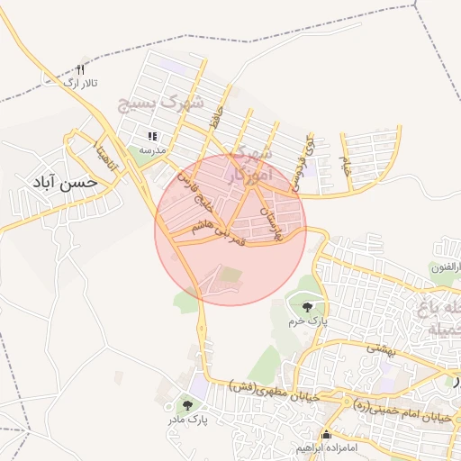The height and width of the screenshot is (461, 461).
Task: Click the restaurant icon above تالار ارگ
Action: click(x=80, y=69)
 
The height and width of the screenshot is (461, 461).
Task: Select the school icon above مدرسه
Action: click(x=152, y=137)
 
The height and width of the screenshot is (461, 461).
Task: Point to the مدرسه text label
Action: click(x=151, y=150)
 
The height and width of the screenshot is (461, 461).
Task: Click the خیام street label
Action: click(x=344, y=164)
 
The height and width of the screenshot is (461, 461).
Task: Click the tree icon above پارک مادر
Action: click(x=186, y=405)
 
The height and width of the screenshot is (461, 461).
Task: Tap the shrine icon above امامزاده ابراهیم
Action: click(x=326, y=433)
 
